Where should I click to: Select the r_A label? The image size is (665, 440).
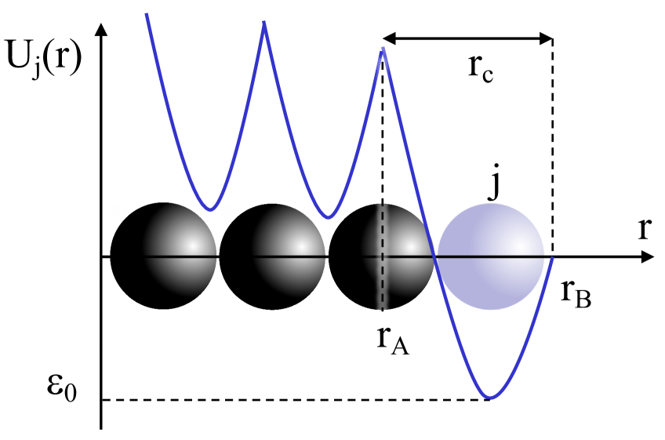[x=392, y=340]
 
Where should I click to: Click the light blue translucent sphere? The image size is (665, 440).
[x=490, y=256]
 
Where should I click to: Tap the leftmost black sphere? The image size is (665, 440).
[x=163, y=256]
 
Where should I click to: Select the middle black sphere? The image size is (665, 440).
[x=272, y=256]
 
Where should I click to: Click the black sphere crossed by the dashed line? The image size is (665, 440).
[x=381, y=256]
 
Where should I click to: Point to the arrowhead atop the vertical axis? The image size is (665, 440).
[x=100, y=30]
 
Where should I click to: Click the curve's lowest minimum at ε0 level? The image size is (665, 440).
[x=490, y=398]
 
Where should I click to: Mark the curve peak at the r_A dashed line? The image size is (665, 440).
[x=383, y=49]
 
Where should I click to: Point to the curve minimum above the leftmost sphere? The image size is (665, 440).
[x=209, y=209]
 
